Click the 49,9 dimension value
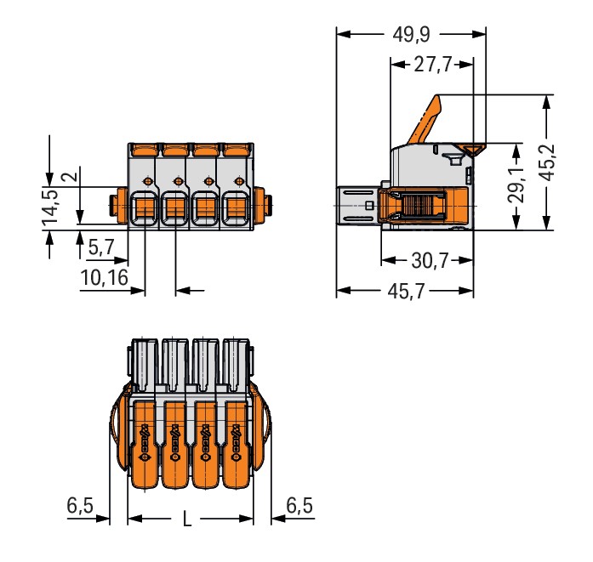tap(411, 35)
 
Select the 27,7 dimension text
tap(432, 65)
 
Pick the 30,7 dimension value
tap(429, 261)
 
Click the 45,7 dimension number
tap(407, 292)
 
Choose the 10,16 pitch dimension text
tap(105, 277)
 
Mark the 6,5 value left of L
tap(80, 506)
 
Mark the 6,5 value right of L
tap(299, 506)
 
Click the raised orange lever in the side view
tap(425, 121)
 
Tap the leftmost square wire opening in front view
tap(144, 207)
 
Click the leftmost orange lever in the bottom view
tap(144, 442)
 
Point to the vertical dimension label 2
tap(74, 178)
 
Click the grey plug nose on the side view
tap(357, 206)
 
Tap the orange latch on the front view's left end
tap(113, 205)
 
